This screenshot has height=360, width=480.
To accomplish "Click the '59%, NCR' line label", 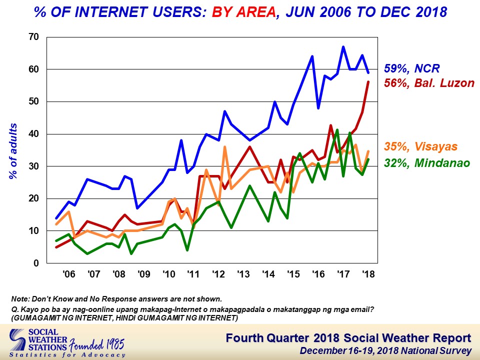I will [412, 69].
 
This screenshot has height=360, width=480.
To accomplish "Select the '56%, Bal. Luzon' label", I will [429, 83].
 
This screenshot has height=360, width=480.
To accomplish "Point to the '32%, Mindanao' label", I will [427, 162].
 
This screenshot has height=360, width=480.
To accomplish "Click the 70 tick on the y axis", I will [33, 37].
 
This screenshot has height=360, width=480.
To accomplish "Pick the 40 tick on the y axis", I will [33, 134].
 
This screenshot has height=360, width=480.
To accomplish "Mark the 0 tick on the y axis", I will [36, 263].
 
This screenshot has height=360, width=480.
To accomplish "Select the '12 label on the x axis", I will [218, 274].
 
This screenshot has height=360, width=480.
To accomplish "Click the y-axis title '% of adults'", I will [14, 150].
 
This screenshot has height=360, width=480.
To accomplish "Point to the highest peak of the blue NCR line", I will [343, 47].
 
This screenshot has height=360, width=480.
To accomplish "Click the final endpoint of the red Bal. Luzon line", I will [368, 82].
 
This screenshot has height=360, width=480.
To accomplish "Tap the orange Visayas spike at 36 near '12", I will [225, 147].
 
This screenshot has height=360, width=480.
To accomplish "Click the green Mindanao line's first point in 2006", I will [56, 241].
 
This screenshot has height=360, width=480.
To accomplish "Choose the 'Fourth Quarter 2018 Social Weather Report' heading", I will [348, 338].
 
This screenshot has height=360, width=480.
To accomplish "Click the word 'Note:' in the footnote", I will [21, 299].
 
